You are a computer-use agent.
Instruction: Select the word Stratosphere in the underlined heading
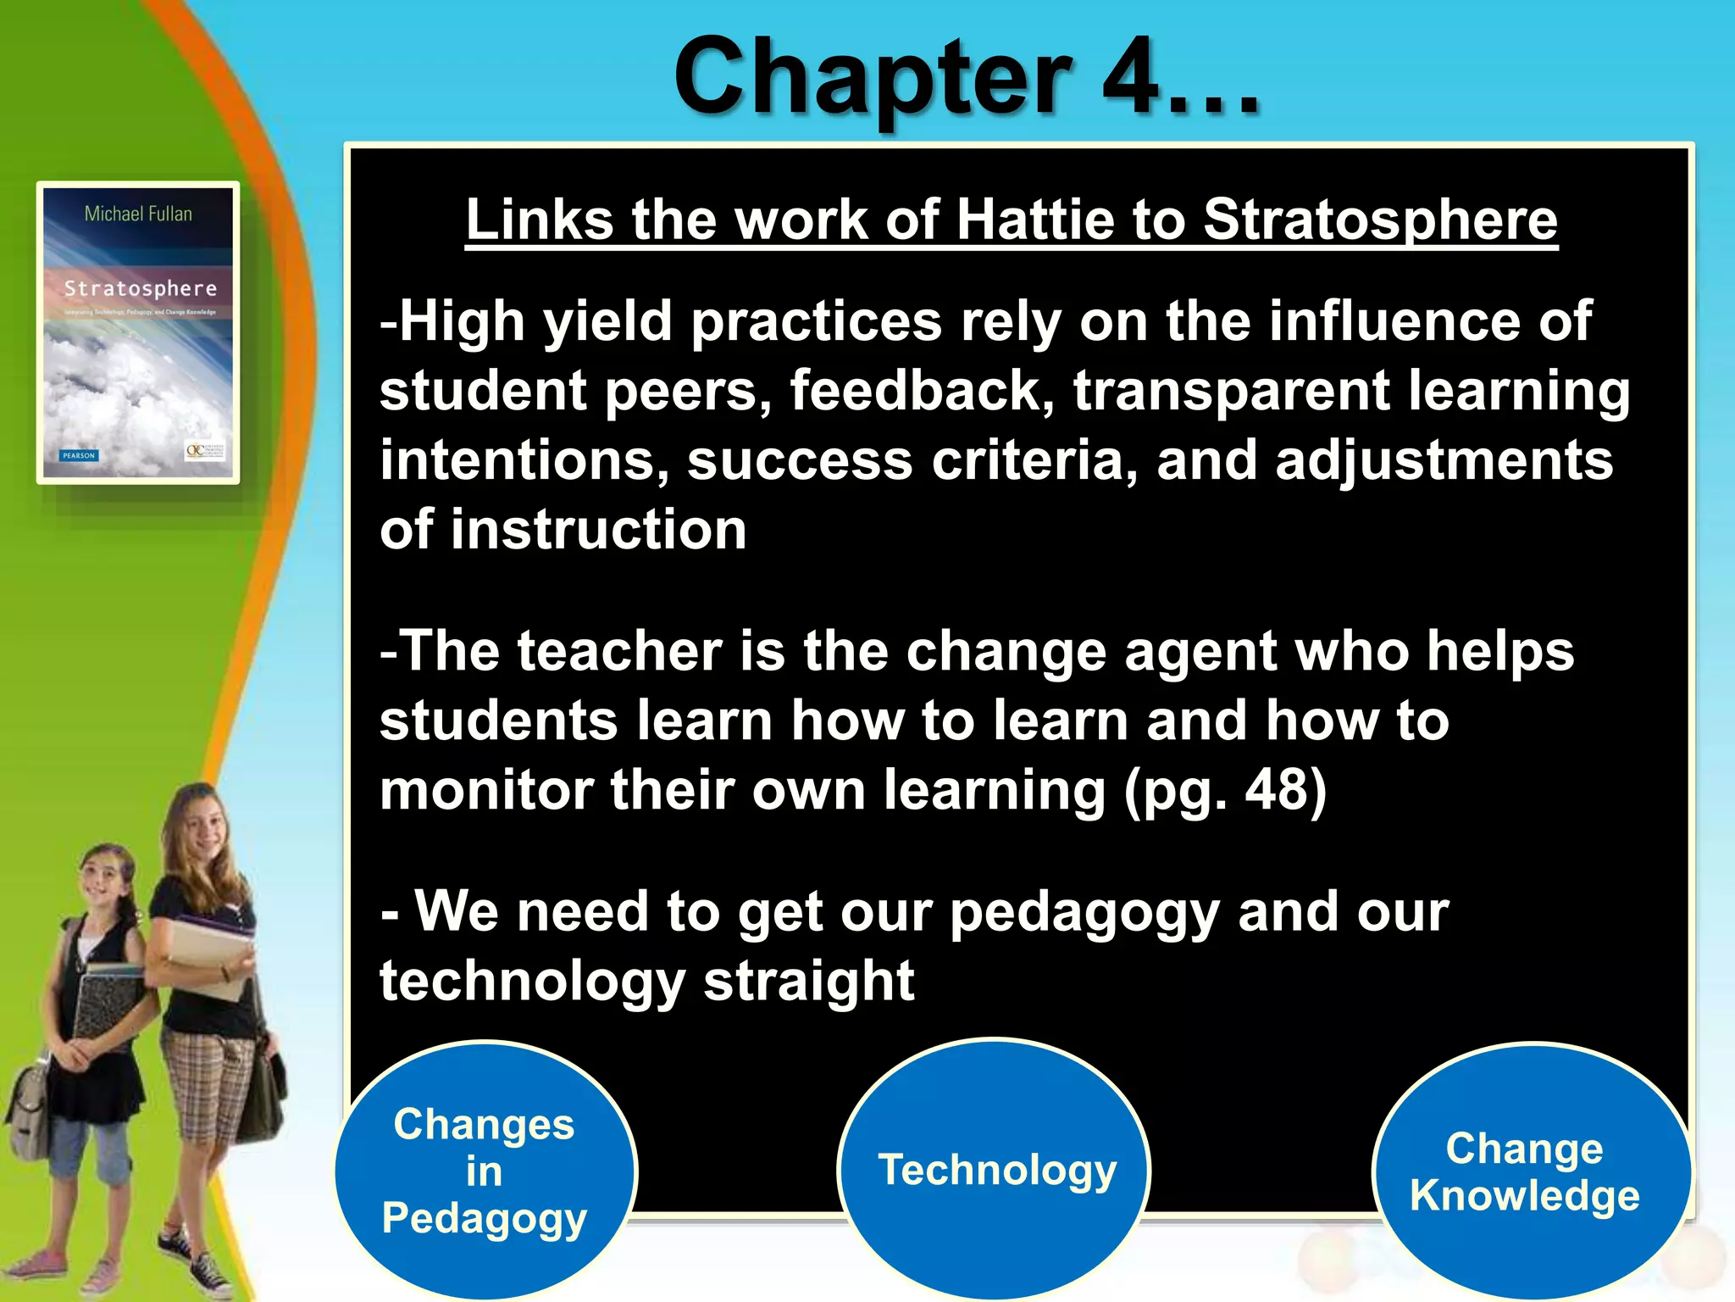(x=1380, y=220)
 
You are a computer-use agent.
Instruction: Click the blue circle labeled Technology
(x=995, y=1170)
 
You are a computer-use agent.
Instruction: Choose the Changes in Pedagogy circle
(x=485, y=1171)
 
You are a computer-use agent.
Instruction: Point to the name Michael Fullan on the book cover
(x=138, y=214)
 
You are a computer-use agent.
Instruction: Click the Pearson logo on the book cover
(x=79, y=455)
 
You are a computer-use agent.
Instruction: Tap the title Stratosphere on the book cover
(x=140, y=289)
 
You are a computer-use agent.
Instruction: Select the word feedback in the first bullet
(x=922, y=391)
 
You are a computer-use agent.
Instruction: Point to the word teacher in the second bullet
(x=619, y=651)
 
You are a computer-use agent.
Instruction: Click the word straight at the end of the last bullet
(x=809, y=981)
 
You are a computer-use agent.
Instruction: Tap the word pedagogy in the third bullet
(x=1084, y=912)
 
